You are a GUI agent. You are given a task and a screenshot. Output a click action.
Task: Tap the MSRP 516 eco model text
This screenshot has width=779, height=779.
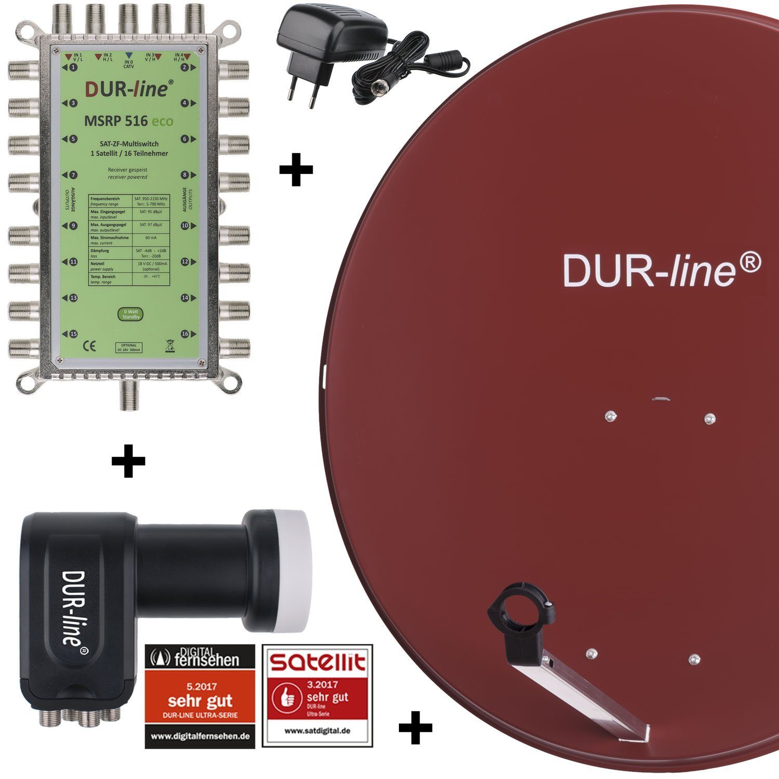pos(129,122)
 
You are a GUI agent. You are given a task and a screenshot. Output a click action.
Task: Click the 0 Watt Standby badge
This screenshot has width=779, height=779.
pos(130,314)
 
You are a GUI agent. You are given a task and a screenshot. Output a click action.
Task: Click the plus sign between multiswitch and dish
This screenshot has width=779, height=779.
pos(296,169)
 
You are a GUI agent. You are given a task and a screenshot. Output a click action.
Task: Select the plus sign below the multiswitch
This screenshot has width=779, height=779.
pos(128,461)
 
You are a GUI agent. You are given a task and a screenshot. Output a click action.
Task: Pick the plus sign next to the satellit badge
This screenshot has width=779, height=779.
pos(415,727)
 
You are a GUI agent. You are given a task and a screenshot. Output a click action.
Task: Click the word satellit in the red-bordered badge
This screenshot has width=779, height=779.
pos(317,662)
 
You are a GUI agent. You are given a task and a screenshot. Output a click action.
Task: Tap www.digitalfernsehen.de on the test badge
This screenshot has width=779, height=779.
pos(200,736)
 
